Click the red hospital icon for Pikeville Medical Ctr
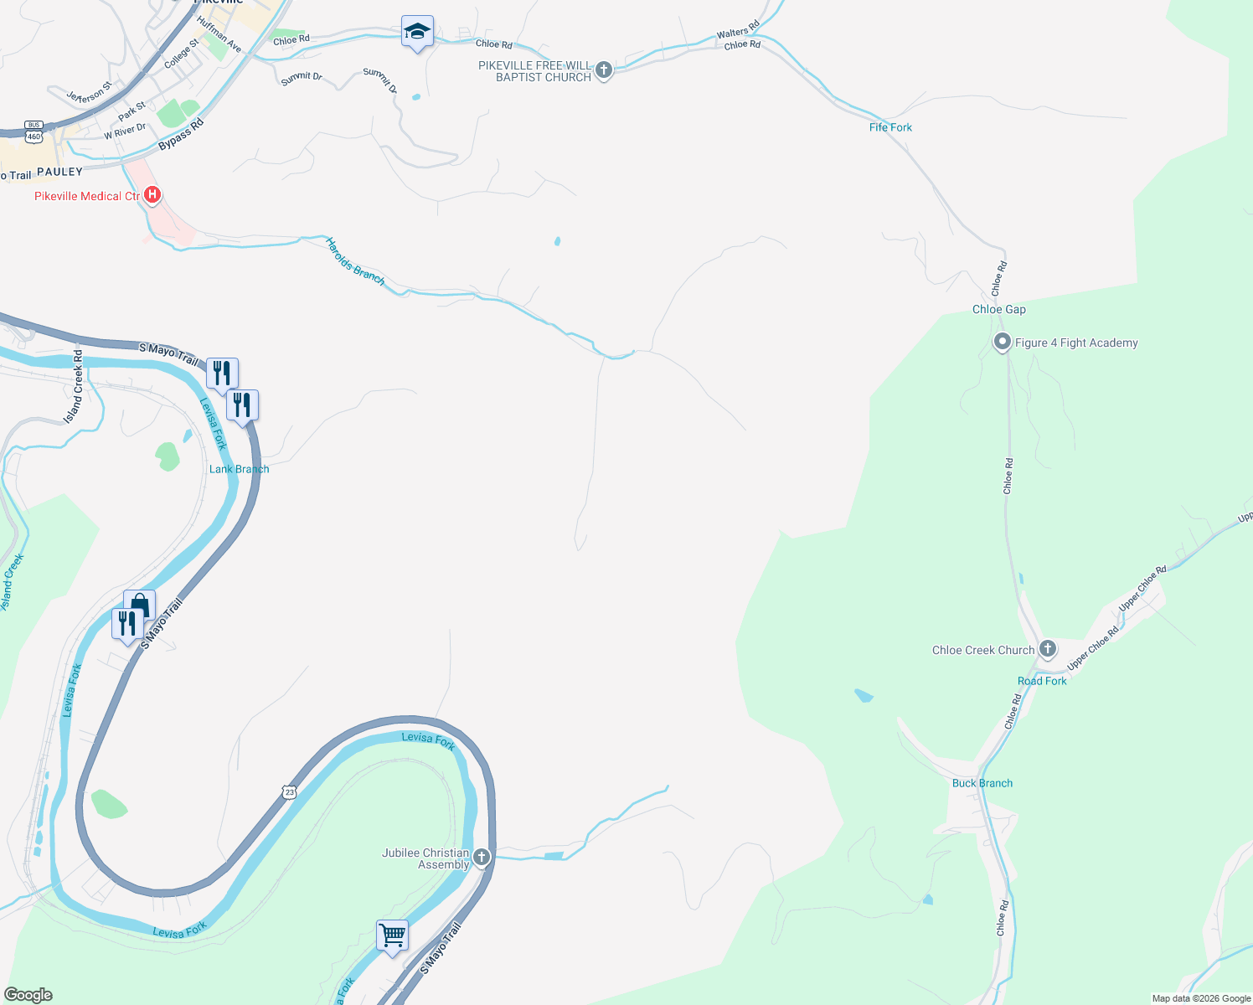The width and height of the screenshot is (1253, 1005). coord(152,195)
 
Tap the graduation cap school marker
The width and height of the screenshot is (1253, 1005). coord(417,33)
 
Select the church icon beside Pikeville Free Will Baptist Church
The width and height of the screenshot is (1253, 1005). coord(603,70)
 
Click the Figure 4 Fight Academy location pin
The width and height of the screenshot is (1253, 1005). coord(1002,342)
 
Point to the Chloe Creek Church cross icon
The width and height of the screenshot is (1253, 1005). coord(1048,649)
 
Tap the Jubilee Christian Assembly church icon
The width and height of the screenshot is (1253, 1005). coord(481,857)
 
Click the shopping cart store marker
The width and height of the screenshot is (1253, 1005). coord(392,934)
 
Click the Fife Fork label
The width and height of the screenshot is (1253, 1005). coord(890,127)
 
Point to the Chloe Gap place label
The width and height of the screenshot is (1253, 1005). coord(998,309)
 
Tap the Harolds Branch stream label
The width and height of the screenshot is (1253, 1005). coord(355,262)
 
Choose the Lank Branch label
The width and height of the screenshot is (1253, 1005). coord(239,469)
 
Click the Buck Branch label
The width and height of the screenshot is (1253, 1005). coord(982,783)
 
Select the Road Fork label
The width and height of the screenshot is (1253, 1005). coord(1042,681)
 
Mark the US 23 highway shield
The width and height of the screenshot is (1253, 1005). coord(289,791)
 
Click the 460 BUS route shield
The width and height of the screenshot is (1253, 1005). coord(34,131)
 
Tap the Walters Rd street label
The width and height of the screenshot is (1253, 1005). coord(738,30)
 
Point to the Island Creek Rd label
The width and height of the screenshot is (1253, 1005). coord(75,386)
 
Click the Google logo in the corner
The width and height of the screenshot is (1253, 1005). coord(28,995)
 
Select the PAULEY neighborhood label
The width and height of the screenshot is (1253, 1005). coord(60,172)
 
